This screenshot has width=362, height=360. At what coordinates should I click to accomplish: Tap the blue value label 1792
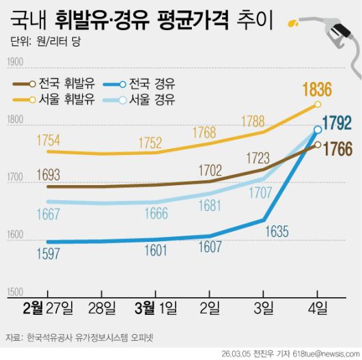[x=337, y=123]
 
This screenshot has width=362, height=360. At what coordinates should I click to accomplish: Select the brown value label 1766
[x=337, y=149]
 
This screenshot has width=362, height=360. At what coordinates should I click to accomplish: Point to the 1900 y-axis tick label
[x=15, y=63]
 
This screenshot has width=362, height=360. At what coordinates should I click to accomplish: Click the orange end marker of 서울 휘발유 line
[x=318, y=105]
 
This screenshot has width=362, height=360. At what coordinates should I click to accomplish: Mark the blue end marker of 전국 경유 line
[x=318, y=129]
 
